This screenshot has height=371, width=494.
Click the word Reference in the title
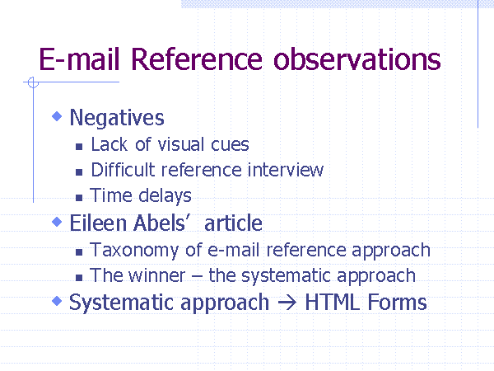(x=197, y=59)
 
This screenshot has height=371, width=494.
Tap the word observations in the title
(x=357, y=59)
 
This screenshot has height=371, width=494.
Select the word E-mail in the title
(x=79, y=59)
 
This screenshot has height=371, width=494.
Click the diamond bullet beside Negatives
(x=57, y=116)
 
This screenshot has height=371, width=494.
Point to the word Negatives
(x=117, y=118)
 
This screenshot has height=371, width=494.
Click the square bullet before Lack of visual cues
(x=79, y=147)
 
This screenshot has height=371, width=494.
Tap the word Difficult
(x=123, y=170)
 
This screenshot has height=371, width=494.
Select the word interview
(x=286, y=170)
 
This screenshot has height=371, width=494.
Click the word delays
(x=165, y=196)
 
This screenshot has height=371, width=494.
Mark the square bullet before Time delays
(x=79, y=198)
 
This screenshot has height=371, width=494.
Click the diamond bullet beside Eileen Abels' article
(x=57, y=222)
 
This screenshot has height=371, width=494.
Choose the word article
(x=233, y=223)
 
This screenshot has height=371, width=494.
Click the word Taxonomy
(x=134, y=251)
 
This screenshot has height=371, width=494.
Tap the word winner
(x=157, y=275)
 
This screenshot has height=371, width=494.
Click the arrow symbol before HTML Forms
(x=287, y=303)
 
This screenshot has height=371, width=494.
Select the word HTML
(x=333, y=303)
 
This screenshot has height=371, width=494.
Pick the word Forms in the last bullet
(x=397, y=303)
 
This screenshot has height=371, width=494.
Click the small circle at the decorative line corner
(x=33, y=82)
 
